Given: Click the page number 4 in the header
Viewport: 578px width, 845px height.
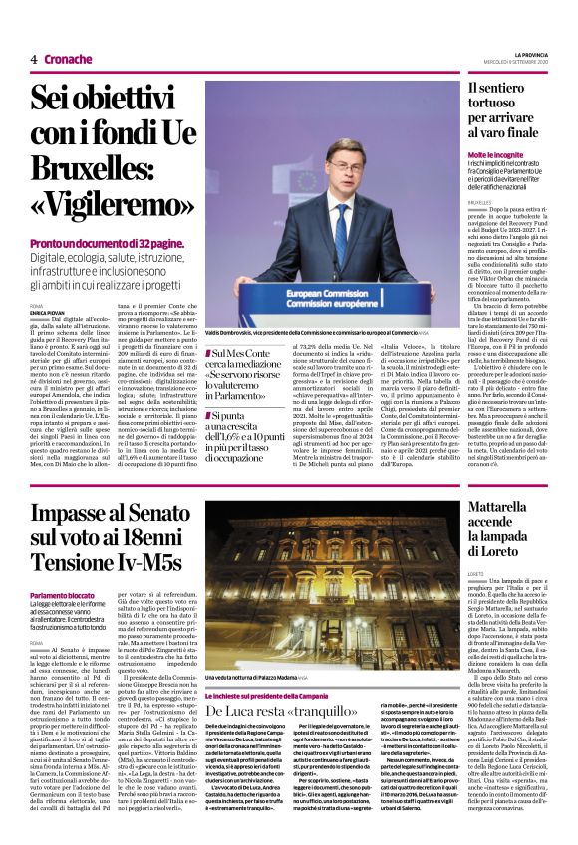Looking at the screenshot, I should point(34,59).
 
